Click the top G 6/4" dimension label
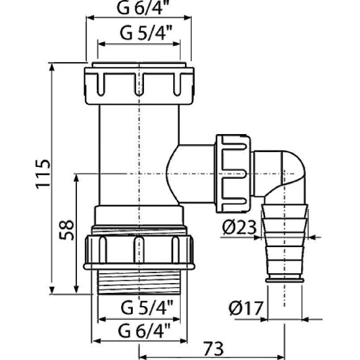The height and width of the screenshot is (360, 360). point(139,8)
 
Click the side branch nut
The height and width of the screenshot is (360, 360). point(231,170)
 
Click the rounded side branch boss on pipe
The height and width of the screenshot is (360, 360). point(186,170)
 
